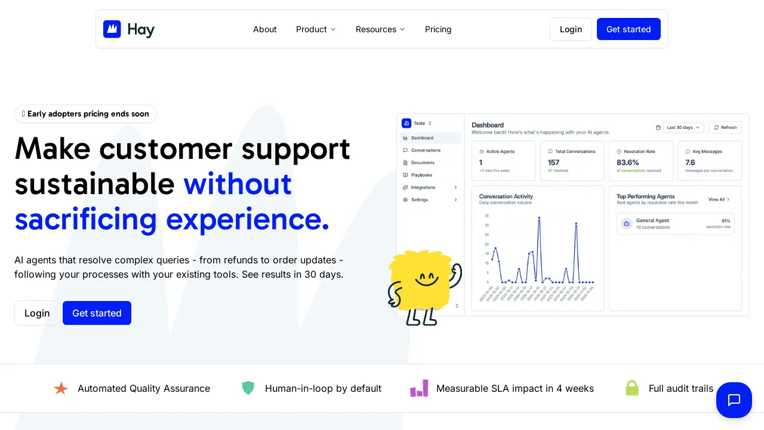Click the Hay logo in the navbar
(x=129, y=29)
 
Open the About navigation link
(x=265, y=29)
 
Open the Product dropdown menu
(x=316, y=29)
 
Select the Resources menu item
(x=380, y=29)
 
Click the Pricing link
(x=438, y=29)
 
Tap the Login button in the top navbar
(x=571, y=29)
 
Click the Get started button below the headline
(x=97, y=313)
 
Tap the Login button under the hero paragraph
(x=37, y=313)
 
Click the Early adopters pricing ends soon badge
(x=85, y=114)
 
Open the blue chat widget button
(x=734, y=400)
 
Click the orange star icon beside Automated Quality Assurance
(x=61, y=388)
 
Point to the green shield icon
(x=248, y=388)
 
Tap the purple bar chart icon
(x=419, y=388)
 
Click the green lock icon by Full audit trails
(x=632, y=388)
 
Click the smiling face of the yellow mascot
(x=426, y=278)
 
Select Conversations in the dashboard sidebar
(x=426, y=150)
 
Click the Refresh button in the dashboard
(x=725, y=127)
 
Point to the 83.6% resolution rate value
(x=628, y=162)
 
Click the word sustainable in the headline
(x=95, y=184)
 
